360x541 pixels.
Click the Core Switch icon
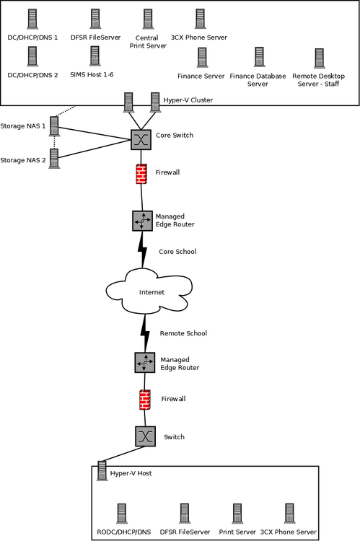[x=141, y=139]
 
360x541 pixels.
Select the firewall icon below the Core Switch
[x=141, y=174]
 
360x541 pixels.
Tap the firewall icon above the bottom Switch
[x=145, y=400]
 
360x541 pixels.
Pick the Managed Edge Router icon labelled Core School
[x=142, y=221]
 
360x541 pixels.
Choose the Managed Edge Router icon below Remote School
[x=145, y=362]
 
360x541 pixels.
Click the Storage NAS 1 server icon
[x=54, y=126]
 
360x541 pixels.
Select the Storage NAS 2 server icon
[x=54, y=159]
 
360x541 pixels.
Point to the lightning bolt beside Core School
[x=142, y=250]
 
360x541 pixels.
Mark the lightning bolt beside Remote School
[x=145, y=333]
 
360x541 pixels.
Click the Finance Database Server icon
[x=259, y=56]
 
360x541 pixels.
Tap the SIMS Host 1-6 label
[x=92, y=74]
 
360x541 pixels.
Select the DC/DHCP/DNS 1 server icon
[x=32, y=19]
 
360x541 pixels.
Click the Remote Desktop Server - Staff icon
[x=320, y=58]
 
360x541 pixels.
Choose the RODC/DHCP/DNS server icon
[x=121, y=514]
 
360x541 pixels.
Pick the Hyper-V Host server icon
[x=102, y=470]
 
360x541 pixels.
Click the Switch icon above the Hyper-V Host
[x=145, y=436]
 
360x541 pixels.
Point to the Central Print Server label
[x=148, y=42]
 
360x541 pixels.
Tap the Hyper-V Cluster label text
[x=188, y=100]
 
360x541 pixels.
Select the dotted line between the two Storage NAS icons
[x=54, y=143]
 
